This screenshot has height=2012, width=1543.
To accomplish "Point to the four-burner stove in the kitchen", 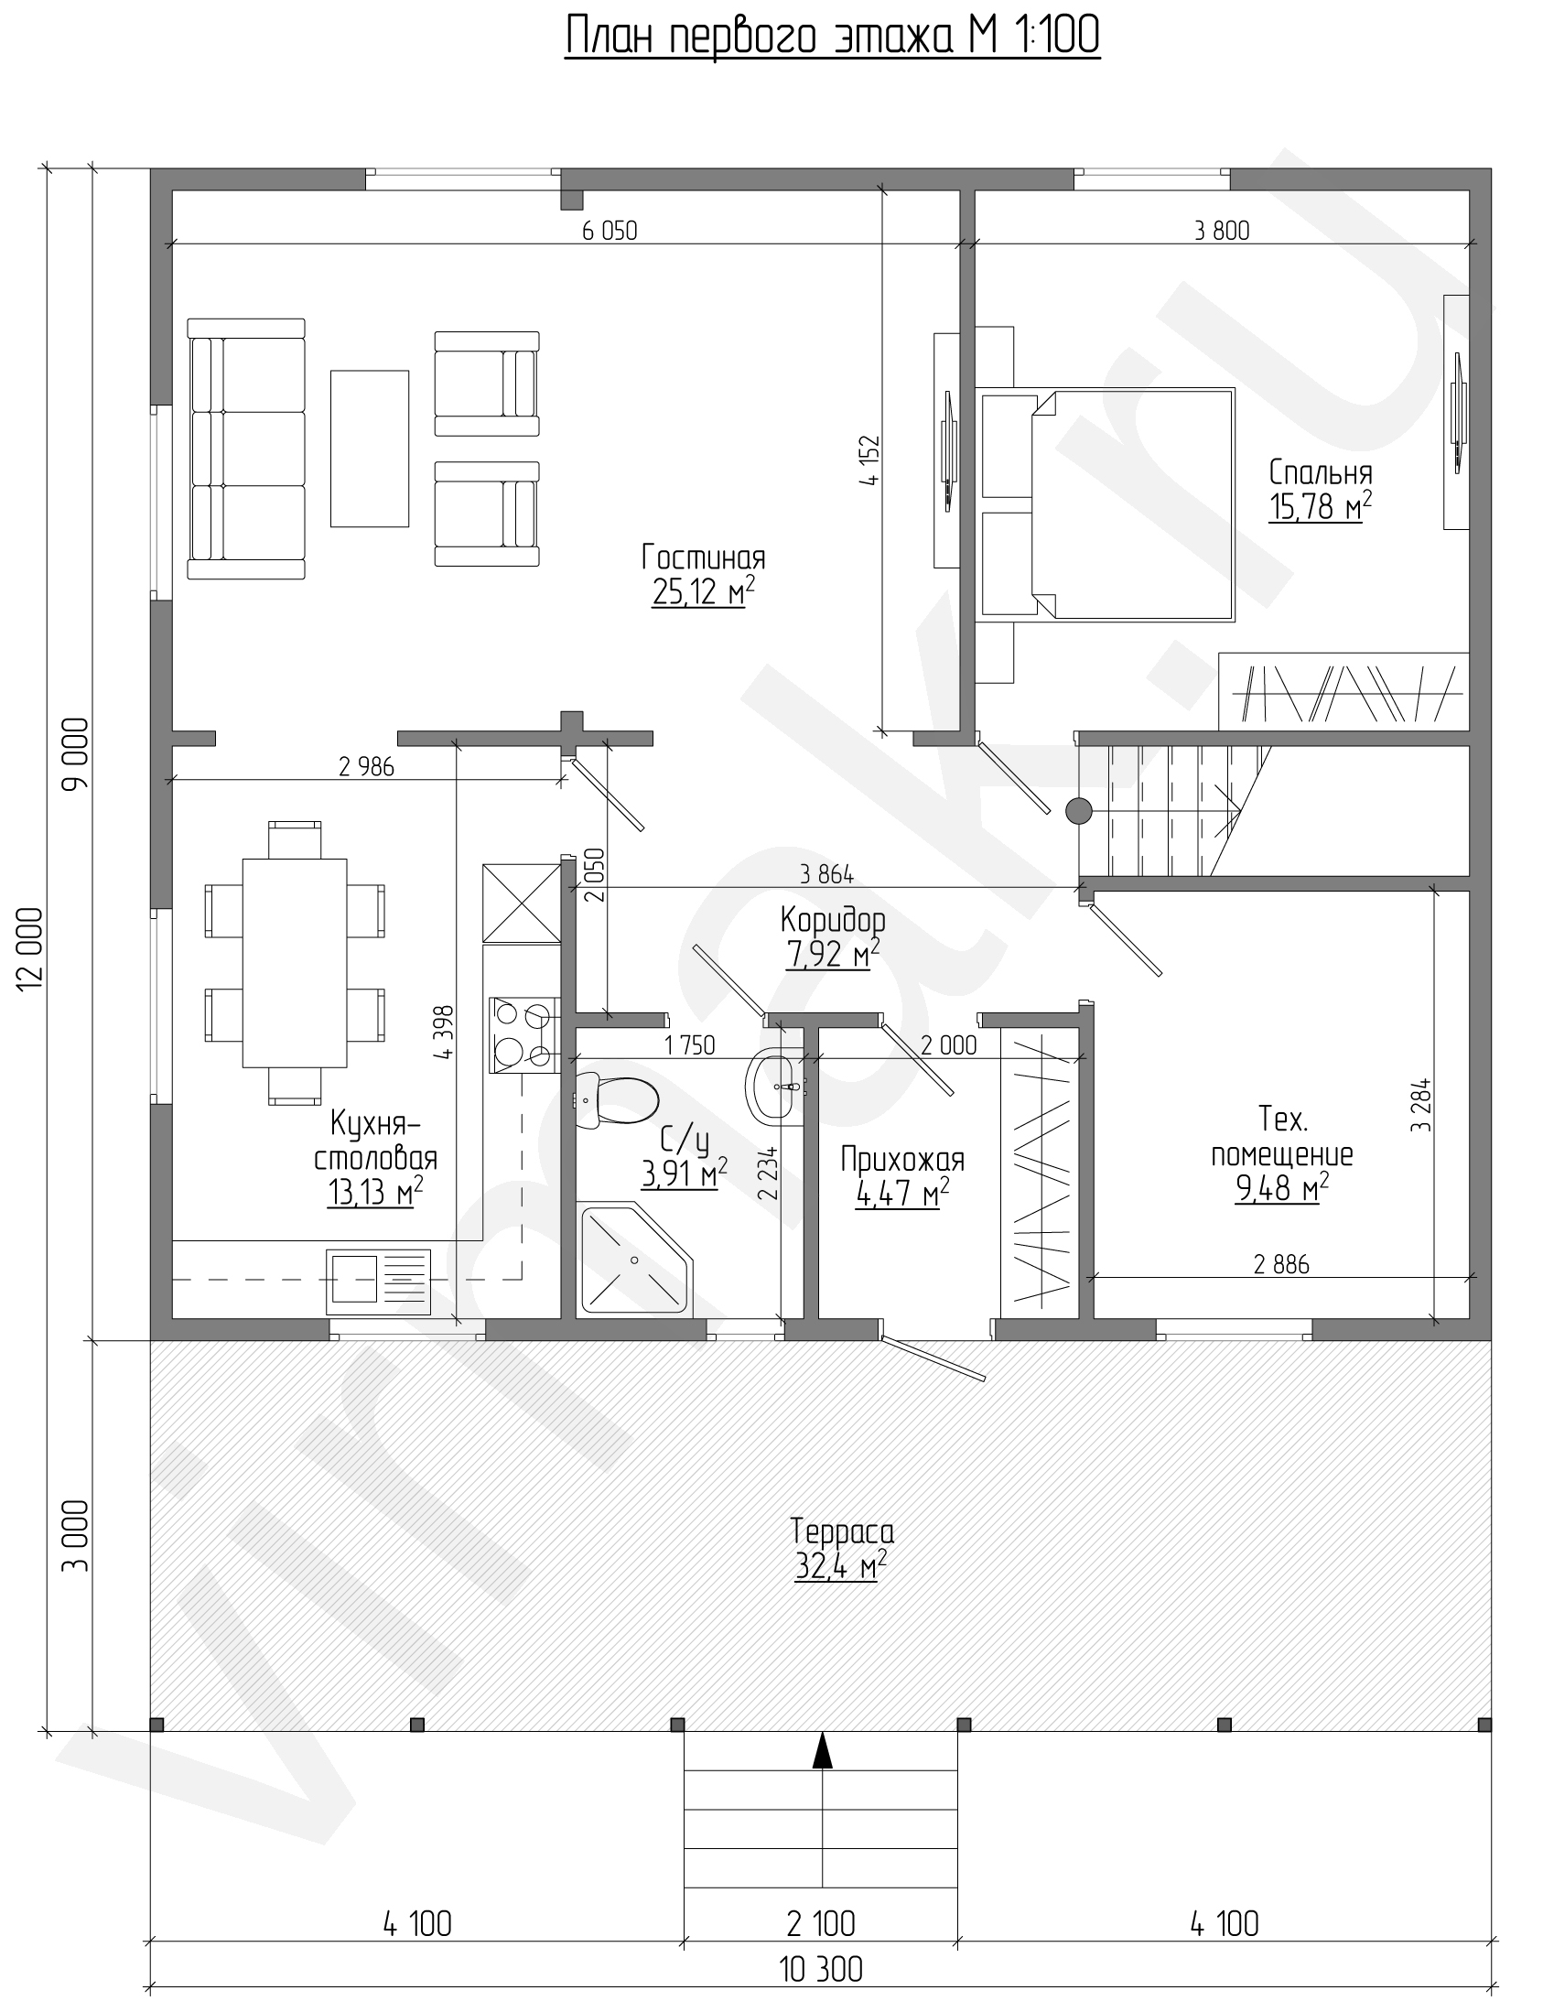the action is click(x=523, y=1035).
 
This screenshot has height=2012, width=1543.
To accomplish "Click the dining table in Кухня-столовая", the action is click(x=295, y=963).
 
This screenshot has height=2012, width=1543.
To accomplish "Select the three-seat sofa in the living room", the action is click(x=246, y=449).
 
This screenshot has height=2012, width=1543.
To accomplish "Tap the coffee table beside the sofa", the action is click(x=369, y=449).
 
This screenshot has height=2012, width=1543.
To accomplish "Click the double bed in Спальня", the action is click(x=1107, y=503).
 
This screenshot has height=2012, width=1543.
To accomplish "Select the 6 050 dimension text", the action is click(x=610, y=230).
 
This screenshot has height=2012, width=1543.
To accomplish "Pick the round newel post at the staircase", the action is click(x=1078, y=810).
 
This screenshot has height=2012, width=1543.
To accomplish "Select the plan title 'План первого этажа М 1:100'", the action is click(x=832, y=38).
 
